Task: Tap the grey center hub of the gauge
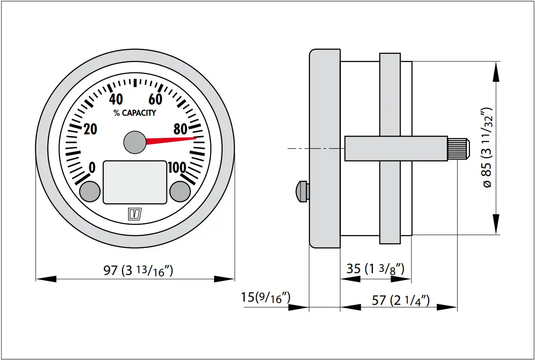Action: point(135,142)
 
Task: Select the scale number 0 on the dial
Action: point(92,168)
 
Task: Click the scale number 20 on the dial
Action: point(91,129)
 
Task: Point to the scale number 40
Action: point(116,99)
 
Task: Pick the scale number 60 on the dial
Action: point(155,99)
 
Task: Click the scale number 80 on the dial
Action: point(180,129)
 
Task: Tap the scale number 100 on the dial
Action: point(177,168)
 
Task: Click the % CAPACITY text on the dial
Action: point(135,113)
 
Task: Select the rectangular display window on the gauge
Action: point(135,182)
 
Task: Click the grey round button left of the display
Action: point(90,191)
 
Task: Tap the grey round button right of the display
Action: point(180,191)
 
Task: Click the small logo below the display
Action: point(135,213)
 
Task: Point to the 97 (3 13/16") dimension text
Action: point(139,270)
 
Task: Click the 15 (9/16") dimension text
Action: point(266,297)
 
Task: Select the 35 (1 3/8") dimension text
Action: point(375,269)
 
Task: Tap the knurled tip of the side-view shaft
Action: point(458,148)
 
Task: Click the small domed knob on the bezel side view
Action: point(302,191)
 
